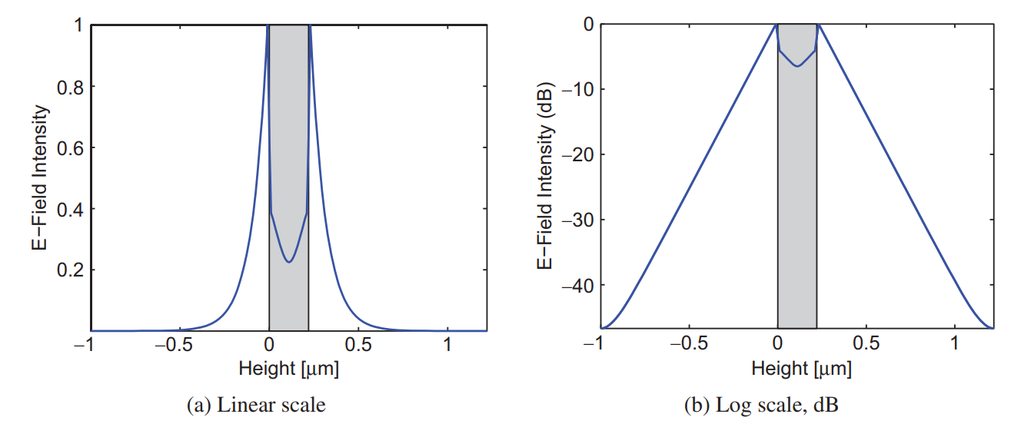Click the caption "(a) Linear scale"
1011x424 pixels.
tap(256, 405)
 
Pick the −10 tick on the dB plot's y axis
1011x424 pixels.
tap(578, 89)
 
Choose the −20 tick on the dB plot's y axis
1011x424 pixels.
tap(578, 154)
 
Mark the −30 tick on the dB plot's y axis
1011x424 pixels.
tap(578, 220)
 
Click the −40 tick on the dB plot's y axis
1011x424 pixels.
tap(578, 285)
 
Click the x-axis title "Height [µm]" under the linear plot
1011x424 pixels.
tap(289, 369)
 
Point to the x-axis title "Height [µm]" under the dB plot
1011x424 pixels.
tap(802, 369)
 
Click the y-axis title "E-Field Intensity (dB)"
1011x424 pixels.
tap(543, 177)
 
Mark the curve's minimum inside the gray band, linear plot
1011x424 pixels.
tap(288, 262)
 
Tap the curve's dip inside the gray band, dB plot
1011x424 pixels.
tap(797, 66)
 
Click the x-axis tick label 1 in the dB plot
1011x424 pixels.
tap(955, 345)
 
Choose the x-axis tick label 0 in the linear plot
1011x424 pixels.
tap(269, 345)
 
